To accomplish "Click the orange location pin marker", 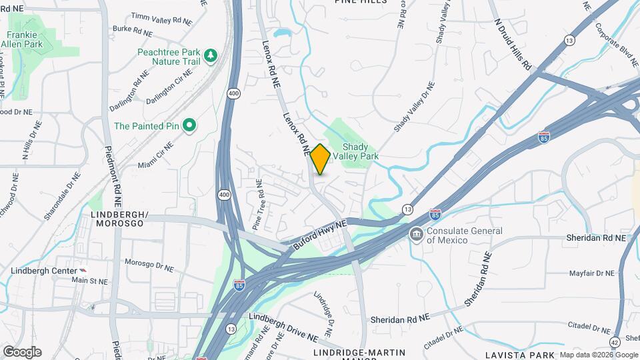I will click(320, 159).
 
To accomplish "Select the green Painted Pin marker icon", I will click(189, 125).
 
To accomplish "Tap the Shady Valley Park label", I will click(360, 151).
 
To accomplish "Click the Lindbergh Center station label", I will click(43, 270).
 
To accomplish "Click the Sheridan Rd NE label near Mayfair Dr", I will click(597, 237).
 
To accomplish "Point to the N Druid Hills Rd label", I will click(513, 44).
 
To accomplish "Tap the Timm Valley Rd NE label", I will click(161, 18).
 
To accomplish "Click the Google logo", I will click(22, 352).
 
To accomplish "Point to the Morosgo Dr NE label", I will click(149, 265).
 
